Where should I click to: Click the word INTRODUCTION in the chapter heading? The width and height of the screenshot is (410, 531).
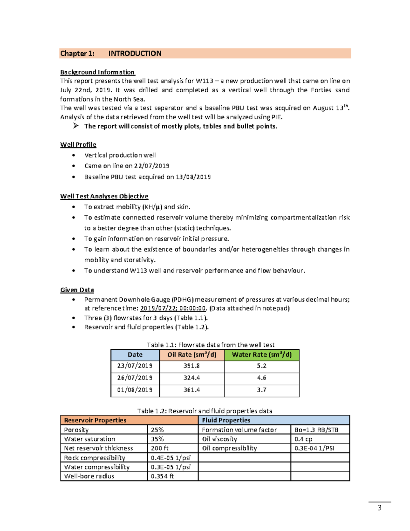pos(135,54)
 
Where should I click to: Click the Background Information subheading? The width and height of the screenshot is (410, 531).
pos(97,72)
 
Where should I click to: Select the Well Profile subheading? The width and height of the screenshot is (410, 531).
pos(78,145)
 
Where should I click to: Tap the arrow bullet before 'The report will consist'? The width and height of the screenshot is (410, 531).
pos(76,126)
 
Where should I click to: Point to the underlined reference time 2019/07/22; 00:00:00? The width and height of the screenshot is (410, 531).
pos(173,308)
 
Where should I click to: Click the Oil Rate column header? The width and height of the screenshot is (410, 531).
pos(192,355)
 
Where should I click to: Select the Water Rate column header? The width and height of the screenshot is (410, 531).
pos(262,355)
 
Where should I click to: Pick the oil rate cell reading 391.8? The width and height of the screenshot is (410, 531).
pos(192,366)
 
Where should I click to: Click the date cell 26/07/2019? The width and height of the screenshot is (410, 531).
pos(135,378)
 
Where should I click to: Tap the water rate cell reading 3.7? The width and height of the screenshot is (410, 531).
pos(262,390)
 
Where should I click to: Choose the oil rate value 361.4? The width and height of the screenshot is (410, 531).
pos(192,390)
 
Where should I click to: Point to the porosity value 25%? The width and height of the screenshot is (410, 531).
pos(158,430)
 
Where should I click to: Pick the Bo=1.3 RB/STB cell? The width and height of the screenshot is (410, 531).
pos(316,430)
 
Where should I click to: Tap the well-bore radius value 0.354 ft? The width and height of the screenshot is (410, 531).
pos(163,476)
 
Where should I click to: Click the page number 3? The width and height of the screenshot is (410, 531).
pos(380,508)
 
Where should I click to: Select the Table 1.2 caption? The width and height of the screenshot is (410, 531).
pos(205,411)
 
